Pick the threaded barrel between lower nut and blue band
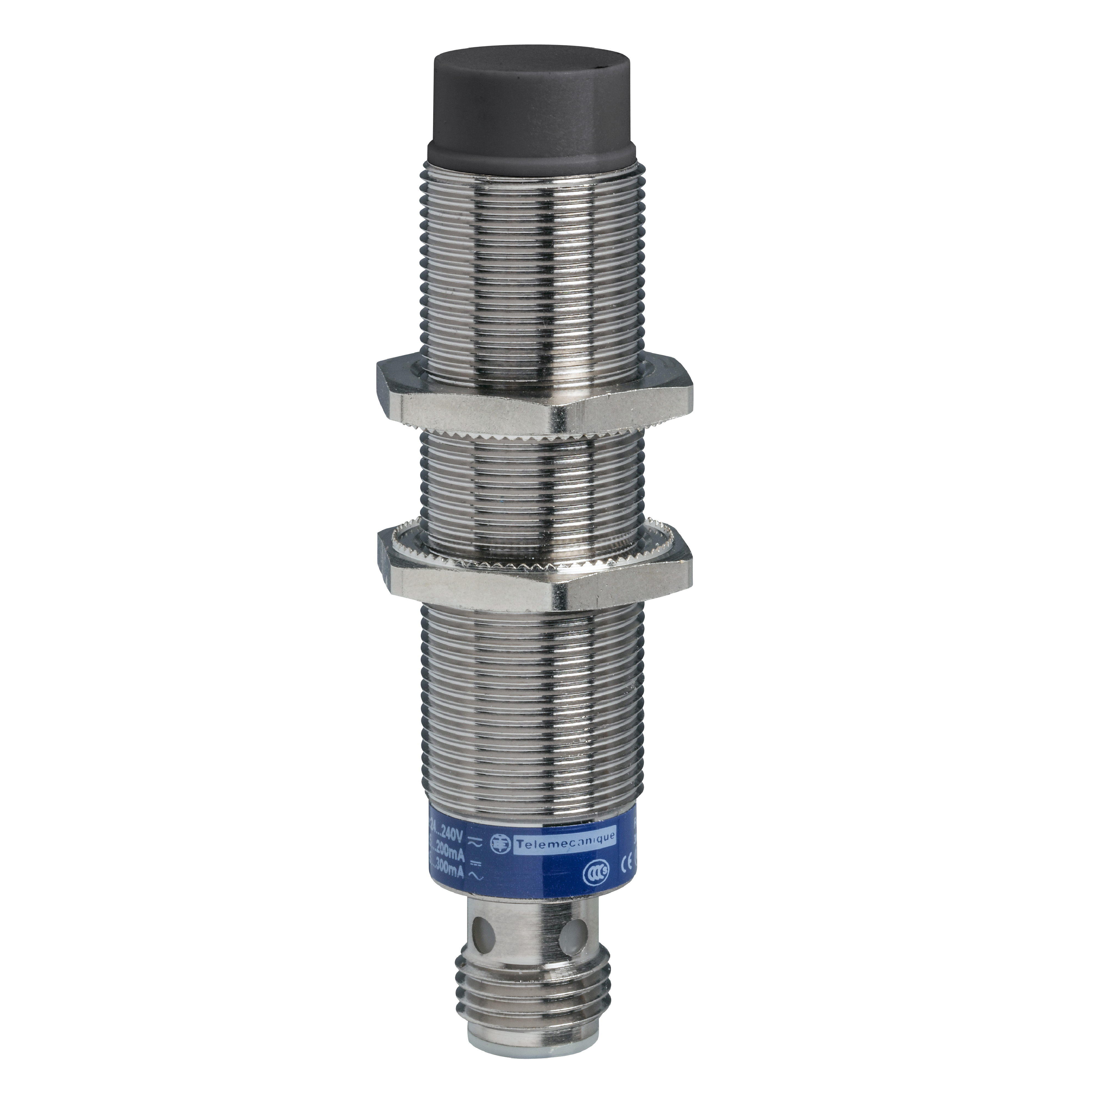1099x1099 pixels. click(529, 711)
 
